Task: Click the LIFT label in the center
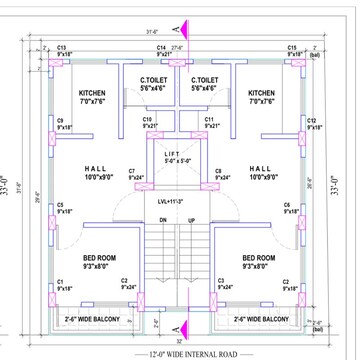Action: click(x=171, y=152)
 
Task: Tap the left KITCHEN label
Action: click(x=91, y=93)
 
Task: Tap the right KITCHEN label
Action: click(x=261, y=93)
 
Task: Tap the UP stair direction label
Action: click(x=190, y=219)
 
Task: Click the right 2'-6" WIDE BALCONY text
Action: click(x=263, y=320)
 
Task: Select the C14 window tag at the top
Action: click(x=161, y=47)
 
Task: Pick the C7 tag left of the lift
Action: click(x=132, y=171)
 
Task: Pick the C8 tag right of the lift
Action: click(x=218, y=171)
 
